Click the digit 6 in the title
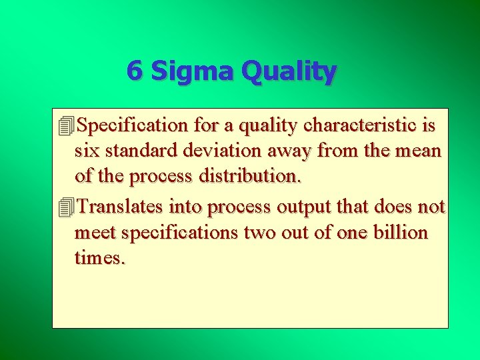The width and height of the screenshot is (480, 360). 134,71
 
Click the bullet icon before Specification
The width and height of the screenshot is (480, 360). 65,125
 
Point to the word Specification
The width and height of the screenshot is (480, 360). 133,125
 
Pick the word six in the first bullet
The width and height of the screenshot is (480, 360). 87,151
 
